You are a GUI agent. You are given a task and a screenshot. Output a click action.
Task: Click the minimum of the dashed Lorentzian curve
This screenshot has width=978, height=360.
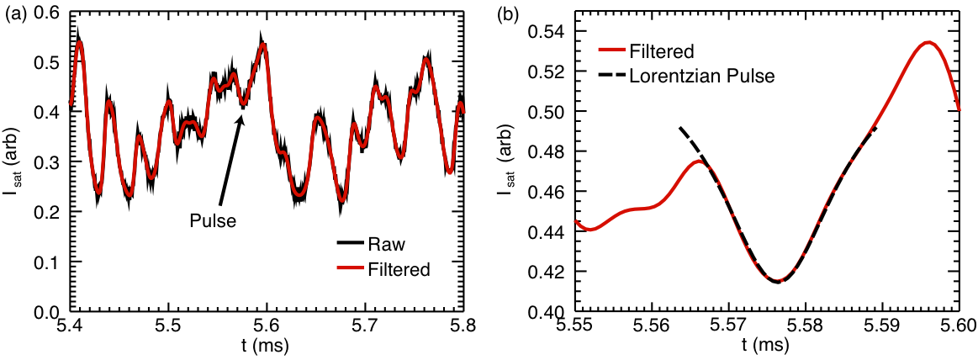(x=777, y=281)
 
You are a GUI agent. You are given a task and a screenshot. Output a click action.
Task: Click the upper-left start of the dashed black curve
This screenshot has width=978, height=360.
(x=679, y=128)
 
